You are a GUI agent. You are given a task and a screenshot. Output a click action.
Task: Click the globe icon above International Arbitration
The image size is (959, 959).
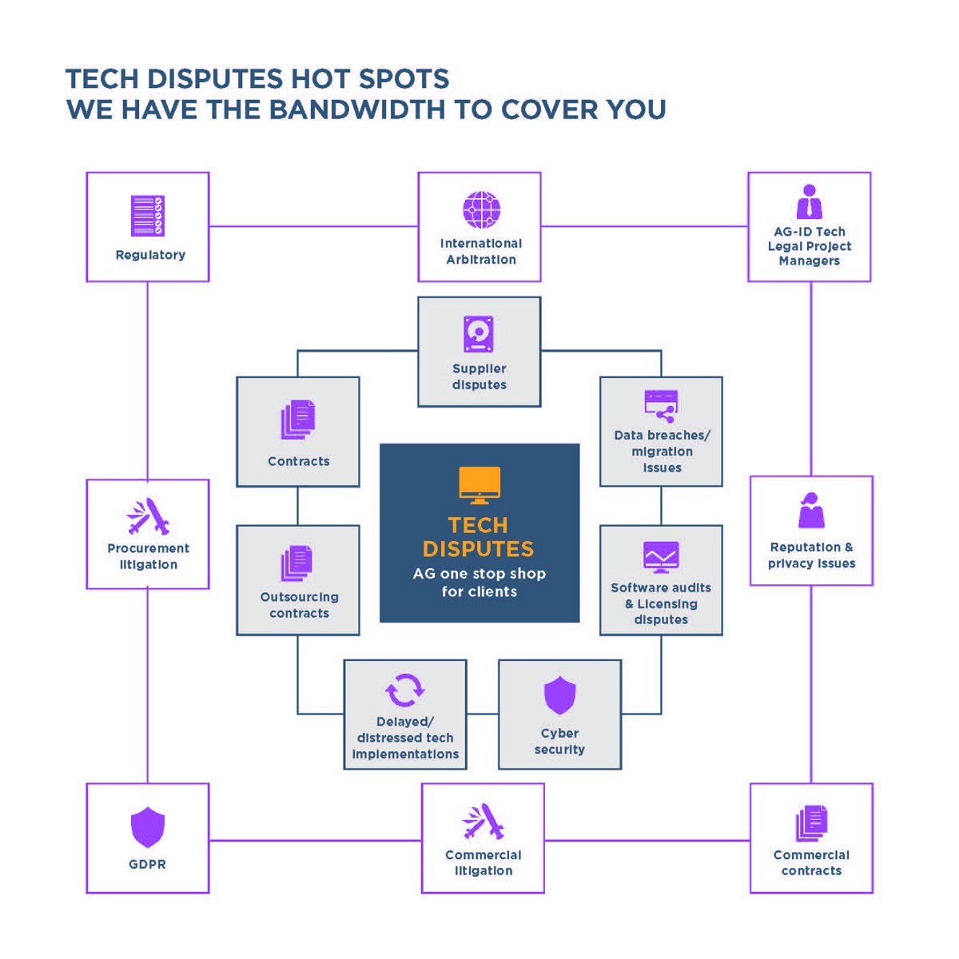pos(481,210)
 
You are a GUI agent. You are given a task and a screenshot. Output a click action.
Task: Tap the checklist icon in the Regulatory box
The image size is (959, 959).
pos(148,216)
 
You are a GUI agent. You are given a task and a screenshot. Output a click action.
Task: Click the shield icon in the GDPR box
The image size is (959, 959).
pos(148,826)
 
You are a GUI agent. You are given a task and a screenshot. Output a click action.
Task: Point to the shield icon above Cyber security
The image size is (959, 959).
pos(559,694)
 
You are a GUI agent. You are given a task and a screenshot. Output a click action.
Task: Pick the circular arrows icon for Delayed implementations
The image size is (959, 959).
pos(405,690)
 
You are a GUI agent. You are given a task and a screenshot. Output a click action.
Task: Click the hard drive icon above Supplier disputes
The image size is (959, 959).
pos(479,334)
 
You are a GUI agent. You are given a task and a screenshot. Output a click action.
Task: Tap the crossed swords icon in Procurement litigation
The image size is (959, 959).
pos(149,516)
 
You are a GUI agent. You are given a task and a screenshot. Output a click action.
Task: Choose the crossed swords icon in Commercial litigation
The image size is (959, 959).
pos(483,821)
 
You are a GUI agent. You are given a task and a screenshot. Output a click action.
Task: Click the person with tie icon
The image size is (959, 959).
pos(810,202)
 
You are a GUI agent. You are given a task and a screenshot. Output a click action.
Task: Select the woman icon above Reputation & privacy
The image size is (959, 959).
pos(811,511)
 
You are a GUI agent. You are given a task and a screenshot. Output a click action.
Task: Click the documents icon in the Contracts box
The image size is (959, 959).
pos(298,420)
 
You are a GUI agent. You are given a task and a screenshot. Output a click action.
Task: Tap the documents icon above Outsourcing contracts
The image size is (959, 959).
pos(297,563)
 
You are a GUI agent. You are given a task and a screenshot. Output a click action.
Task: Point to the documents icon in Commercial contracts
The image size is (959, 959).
pos(812,823)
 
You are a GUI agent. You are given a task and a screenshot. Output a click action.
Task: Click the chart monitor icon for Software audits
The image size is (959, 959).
pos(661,557)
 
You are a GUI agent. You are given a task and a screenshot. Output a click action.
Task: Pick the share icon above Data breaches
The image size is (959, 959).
pos(662,406)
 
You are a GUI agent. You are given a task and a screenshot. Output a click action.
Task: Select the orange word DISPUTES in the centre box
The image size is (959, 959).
pos(478,549)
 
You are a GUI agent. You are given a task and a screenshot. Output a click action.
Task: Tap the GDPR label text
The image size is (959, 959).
pos(148,864)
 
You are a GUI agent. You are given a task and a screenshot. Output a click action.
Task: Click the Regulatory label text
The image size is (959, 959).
pos(150,255)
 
